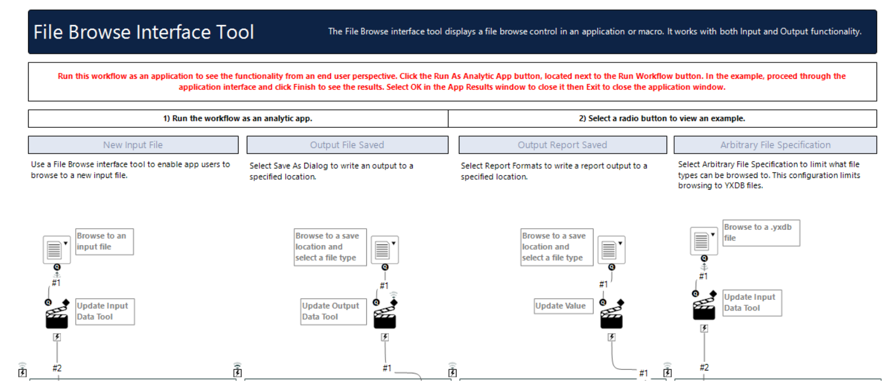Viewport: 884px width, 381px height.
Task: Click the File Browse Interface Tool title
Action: (143, 32)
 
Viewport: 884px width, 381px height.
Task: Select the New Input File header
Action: (133, 145)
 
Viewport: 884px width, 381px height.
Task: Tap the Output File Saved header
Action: (347, 145)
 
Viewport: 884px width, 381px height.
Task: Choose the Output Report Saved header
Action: (562, 145)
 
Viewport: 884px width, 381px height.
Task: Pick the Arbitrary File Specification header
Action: (775, 145)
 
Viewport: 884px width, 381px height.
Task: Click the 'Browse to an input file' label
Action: (104, 242)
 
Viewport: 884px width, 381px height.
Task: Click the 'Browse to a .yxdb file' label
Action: (760, 232)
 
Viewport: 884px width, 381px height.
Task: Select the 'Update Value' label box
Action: (560, 306)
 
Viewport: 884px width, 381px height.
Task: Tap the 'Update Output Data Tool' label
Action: (334, 311)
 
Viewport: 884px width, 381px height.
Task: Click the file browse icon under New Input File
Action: (57, 250)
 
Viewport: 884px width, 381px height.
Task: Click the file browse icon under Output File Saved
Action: (385, 250)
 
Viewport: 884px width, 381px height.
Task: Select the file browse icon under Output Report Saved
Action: (611, 250)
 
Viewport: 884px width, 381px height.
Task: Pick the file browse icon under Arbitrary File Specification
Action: (704, 241)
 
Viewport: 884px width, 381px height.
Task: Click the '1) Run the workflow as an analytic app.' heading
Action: (238, 118)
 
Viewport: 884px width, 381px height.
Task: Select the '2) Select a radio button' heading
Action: (662, 118)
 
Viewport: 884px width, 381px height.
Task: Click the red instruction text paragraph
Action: (452, 82)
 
